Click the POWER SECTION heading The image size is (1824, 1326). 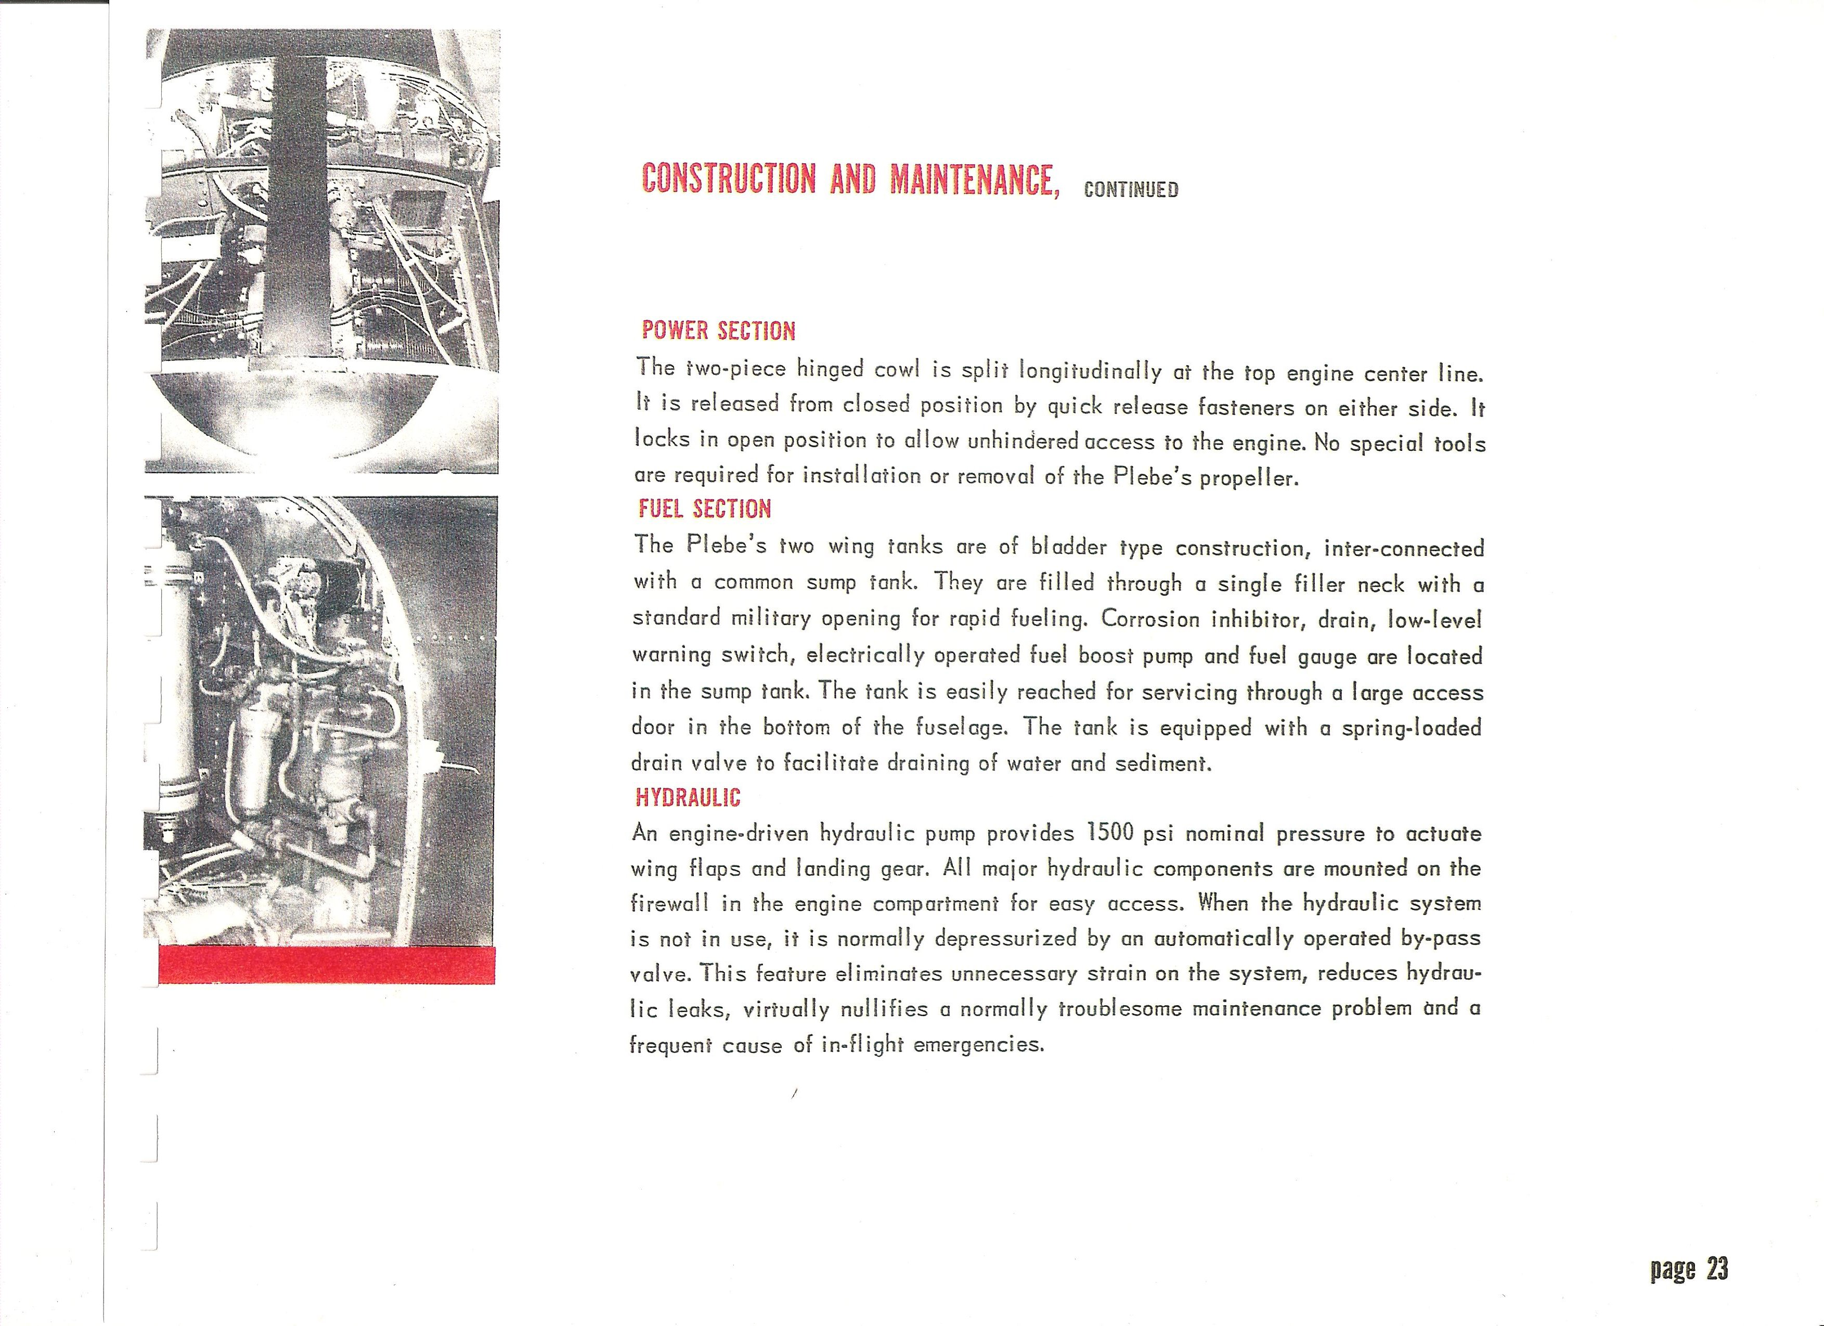click(718, 331)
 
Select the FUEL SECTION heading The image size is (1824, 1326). click(705, 508)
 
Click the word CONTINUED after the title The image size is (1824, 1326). click(1131, 190)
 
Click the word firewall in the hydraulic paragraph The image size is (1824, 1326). click(670, 903)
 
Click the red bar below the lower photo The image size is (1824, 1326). click(327, 965)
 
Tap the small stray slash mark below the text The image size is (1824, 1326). click(794, 1093)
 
